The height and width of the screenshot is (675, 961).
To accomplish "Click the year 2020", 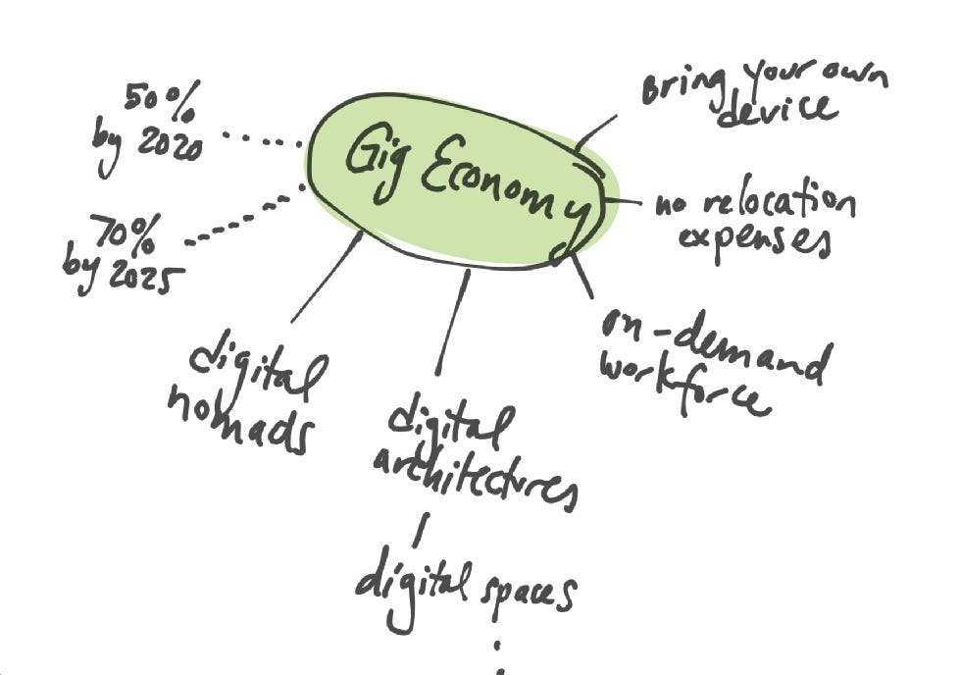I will [168, 145].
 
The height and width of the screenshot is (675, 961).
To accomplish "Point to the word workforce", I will [681, 386].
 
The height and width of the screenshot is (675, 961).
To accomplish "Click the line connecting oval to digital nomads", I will [326, 279].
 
